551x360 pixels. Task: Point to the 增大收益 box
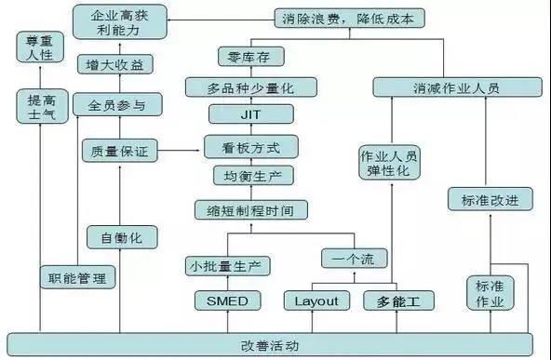(115, 65)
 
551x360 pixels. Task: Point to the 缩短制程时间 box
(250, 210)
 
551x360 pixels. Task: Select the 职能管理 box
(79, 276)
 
